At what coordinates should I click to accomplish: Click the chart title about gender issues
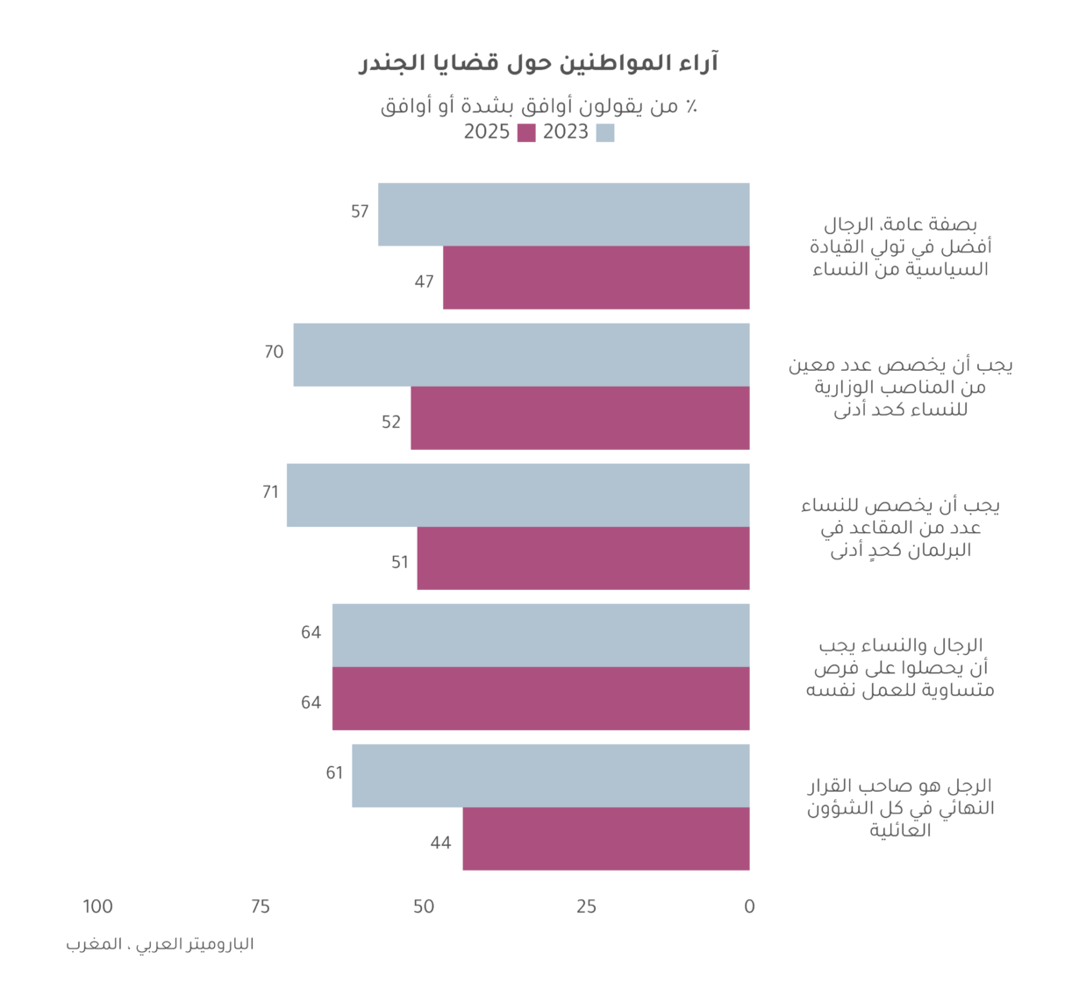(539, 62)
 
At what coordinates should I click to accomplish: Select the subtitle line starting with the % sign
(539, 106)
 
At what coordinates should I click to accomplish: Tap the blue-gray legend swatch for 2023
(605, 132)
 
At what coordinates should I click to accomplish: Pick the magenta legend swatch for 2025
(526, 132)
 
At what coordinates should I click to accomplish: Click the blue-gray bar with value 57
(564, 215)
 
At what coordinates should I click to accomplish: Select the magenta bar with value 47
(597, 278)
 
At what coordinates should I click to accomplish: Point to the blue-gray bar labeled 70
(522, 355)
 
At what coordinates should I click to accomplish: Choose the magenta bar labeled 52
(580, 417)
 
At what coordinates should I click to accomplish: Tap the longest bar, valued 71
(518, 494)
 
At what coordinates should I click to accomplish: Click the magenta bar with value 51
(583, 558)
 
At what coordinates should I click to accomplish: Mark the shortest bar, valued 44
(606, 839)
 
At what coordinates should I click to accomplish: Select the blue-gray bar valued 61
(551, 776)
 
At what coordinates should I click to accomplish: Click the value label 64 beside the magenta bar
(311, 702)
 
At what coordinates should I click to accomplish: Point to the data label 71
(270, 492)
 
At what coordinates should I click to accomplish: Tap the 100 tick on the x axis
(97, 906)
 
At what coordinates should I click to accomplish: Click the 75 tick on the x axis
(261, 906)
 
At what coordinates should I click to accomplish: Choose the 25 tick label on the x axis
(587, 906)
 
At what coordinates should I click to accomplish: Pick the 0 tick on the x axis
(750, 906)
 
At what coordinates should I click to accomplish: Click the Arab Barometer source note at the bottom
(161, 944)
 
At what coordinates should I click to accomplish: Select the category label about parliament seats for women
(900, 528)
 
